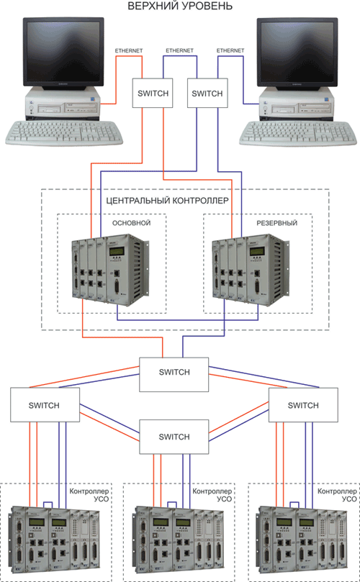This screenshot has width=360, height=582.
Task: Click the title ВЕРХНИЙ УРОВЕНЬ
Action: [x=180, y=6]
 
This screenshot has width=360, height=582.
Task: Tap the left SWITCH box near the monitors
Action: [x=153, y=94]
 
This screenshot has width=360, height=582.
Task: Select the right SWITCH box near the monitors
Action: [x=207, y=94]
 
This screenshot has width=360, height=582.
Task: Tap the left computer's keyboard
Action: [x=63, y=133]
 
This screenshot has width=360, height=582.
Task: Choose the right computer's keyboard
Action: [x=297, y=133]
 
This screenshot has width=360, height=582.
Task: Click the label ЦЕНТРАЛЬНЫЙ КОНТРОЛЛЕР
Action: [x=167, y=201]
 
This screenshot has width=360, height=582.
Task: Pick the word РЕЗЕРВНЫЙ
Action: [x=277, y=223]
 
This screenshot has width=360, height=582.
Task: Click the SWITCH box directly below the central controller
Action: [x=174, y=375]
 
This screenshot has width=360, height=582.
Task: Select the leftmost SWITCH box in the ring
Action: [x=45, y=405]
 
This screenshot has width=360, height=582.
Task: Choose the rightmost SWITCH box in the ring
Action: [x=303, y=405]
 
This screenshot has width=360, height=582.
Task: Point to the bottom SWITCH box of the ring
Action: [x=174, y=437]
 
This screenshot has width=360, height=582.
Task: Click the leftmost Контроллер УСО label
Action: [x=89, y=495]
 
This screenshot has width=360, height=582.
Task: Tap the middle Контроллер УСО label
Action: [x=212, y=495]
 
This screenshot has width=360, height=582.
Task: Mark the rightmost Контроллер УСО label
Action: [x=337, y=495]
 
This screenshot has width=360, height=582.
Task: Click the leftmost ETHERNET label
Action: [x=129, y=50]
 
